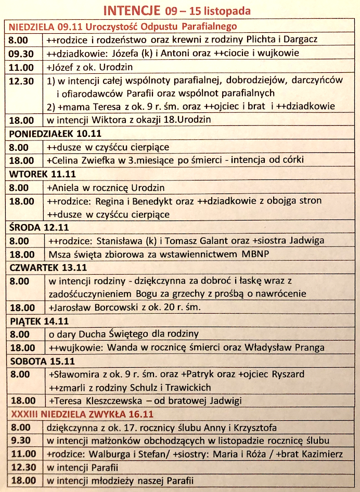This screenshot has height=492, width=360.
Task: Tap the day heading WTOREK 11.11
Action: pos(39,174)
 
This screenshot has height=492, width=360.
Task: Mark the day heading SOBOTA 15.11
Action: pos(40,361)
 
